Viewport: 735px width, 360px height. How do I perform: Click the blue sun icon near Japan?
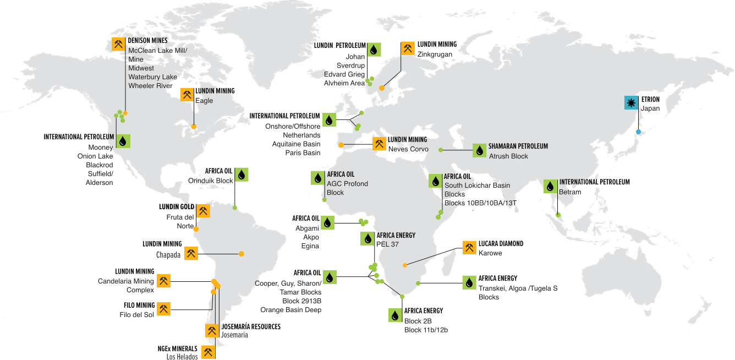pyautogui.click(x=630, y=103)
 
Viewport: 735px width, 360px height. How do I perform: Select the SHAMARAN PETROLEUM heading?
pyautogui.click(x=518, y=146)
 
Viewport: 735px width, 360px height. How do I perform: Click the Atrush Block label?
pyautogui.click(x=508, y=156)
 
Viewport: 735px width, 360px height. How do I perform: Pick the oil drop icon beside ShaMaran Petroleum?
pyautogui.click(x=479, y=150)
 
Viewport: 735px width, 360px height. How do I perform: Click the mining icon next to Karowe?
pyautogui.click(x=469, y=248)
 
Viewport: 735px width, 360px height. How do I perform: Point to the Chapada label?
pyautogui.click(x=168, y=255)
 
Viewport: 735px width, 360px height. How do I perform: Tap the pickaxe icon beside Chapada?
pyautogui.click(x=191, y=253)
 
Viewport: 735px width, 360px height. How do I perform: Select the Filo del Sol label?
pyautogui.click(x=138, y=314)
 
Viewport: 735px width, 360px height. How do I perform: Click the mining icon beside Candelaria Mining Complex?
pyautogui.click(x=163, y=281)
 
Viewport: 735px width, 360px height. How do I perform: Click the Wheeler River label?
pyautogui.click(x=152, y=85)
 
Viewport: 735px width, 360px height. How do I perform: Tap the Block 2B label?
pyautogui.click(x=418, y=321)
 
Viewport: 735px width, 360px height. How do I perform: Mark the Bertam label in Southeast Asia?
pyautogui.click(x=569, y=192)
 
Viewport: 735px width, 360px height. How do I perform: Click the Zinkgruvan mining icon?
pyautogui.click(x=408, y=49)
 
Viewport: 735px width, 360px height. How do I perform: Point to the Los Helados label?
pyautogui.click(x=182, y=356)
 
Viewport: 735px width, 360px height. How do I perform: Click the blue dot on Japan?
pyautogui.click(x=638, y=132)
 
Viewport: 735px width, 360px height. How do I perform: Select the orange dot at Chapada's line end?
pyautogui.click(x=241, y=254)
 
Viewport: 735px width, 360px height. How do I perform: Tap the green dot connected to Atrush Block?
pyautogui.click(x=440, y=150)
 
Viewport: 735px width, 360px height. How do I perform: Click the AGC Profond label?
pyautogui.click(x=347, y=184)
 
